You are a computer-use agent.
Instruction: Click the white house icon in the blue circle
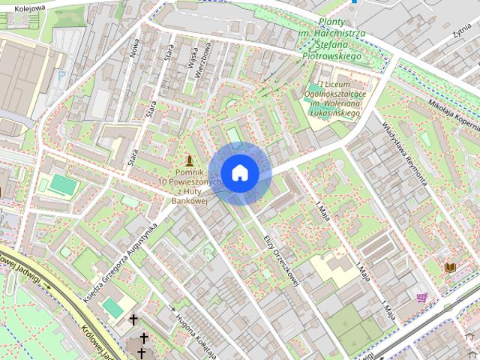(239, 172)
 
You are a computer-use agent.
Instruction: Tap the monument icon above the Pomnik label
(189, 161)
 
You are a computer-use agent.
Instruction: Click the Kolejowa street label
(29, 7)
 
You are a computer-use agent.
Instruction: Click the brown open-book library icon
(450, 267)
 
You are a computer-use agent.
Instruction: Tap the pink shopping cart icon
(422, 298)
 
